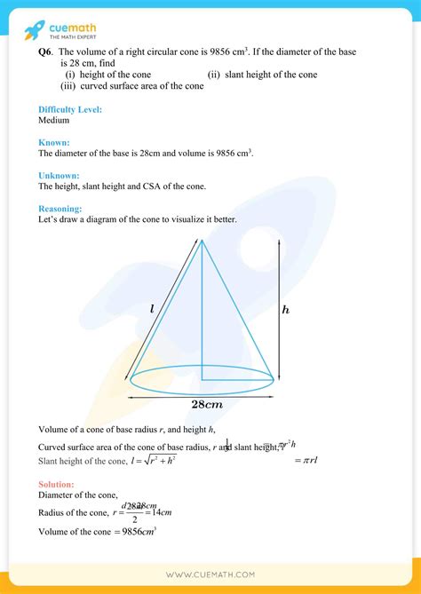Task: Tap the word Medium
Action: [54, 119]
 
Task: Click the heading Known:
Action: [54, 143]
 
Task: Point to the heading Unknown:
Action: [59, 176]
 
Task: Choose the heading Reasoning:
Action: [61, 209]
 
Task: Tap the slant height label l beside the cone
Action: [152, 309]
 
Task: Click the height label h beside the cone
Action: [285, 310]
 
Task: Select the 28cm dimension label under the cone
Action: [206, 405]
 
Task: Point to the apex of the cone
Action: [202, 241]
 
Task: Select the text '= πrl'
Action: [307, 460]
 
